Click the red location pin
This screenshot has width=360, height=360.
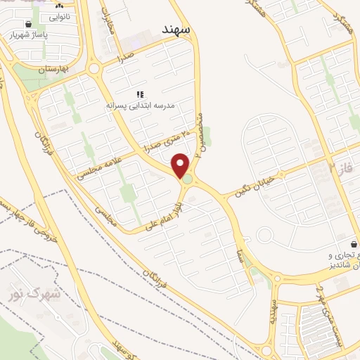[181, 166]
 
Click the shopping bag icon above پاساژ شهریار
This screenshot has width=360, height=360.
[28, 22]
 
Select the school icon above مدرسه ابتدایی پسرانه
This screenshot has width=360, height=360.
[140, 94]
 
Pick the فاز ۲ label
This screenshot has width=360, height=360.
[340, 169]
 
